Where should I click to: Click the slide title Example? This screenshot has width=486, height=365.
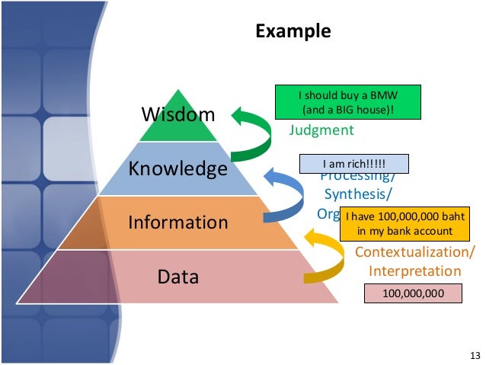pos(293,31)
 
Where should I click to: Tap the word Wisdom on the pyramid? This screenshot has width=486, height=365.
pos(179,115)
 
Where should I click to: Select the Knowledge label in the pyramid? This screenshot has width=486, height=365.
pos(177,168)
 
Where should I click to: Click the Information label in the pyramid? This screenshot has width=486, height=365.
pos(177,223)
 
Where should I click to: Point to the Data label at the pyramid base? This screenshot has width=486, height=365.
pos(177,276)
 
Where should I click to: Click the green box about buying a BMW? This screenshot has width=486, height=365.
pos(347,103)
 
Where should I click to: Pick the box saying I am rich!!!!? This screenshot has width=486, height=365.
pos(354,164)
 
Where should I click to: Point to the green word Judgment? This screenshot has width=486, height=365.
pos(321,130)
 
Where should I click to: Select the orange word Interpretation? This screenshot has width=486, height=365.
pos(415,271)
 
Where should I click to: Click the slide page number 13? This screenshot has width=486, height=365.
pos(475,356)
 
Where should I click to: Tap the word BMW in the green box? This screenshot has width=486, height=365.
pos(384,96)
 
